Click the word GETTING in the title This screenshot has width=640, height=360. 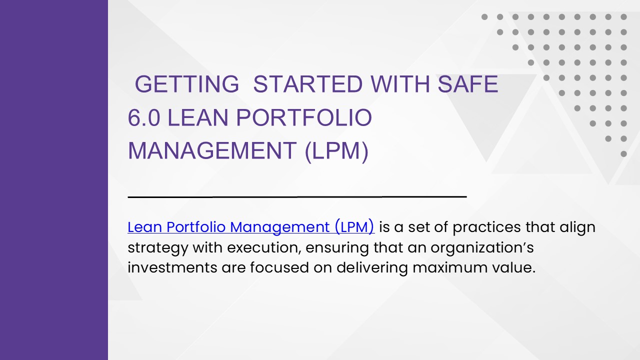coord(187,84)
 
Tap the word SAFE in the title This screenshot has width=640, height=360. coord(467,84)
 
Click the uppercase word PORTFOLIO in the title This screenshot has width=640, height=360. coord(304,117)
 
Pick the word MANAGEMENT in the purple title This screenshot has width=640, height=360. coord(212,151)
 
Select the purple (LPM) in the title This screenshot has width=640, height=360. coord(336,151)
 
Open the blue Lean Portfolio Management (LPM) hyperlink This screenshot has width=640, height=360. coord(250,227)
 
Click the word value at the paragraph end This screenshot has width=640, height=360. coord(515,267)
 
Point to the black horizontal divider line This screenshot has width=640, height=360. coord(297,197)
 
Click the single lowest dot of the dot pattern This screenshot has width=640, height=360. coord(623,154)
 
